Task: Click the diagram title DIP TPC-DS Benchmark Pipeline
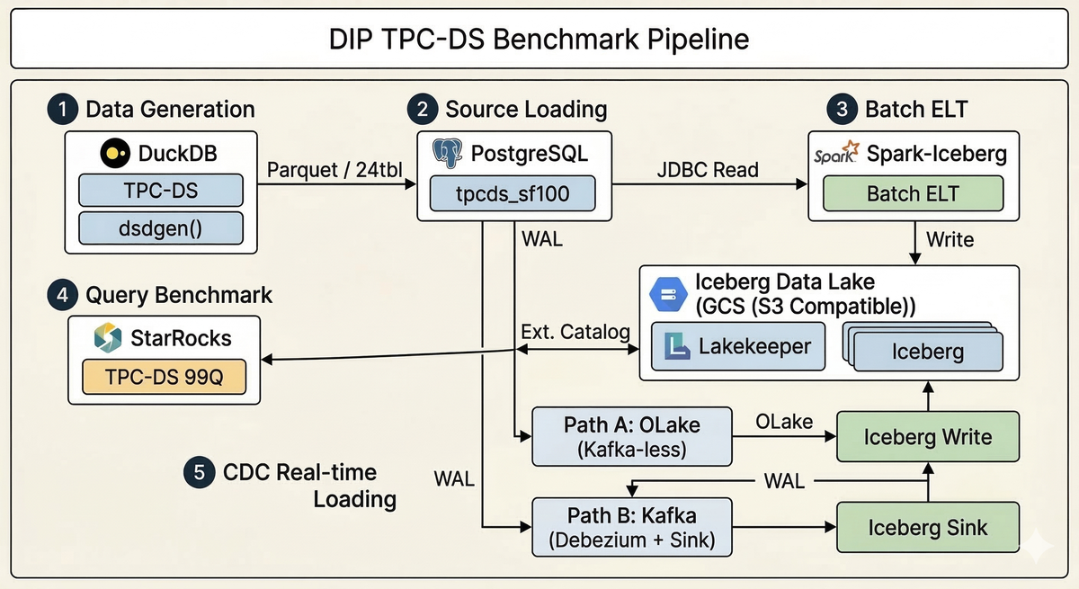click(x=539, y=40)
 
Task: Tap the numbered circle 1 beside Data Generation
click(x=60, y=110)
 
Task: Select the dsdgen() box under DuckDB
click(x=161, y=228)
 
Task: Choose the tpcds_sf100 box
click(x=513, y=193)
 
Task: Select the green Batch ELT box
click(x=913, y=193)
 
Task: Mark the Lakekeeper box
click(x=736, y=347)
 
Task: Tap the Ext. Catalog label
click(x=575, y=332)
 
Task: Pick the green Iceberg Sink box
click(x=927, y=528)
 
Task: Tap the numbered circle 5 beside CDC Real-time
click(x=197, y=473)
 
